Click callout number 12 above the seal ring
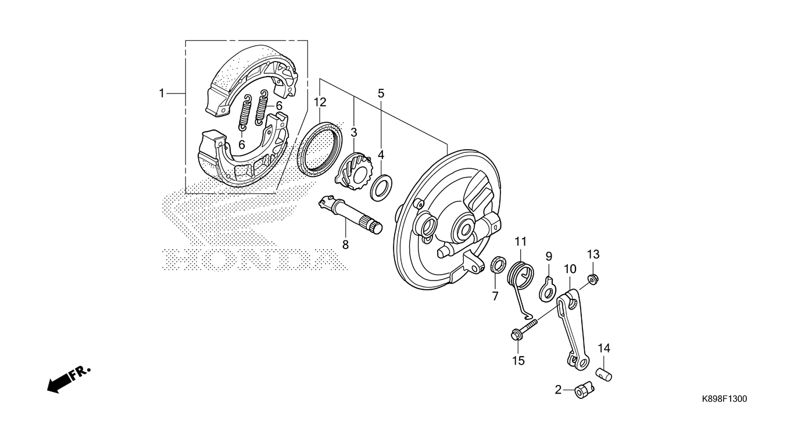(x=320, y=102)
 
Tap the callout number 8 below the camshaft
(x=345, y=245)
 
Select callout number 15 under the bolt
(x=518, y=361)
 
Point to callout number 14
(x=604, y=348)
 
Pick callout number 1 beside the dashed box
(x=163, y=93)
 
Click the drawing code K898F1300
(x=724, y=399)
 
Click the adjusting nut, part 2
(x=583, y=390)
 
